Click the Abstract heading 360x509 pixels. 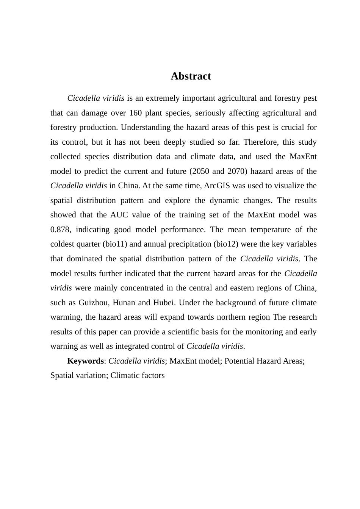[x=191, y=76]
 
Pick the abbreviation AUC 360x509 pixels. [x=119, y=215]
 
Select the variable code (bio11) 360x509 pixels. [x=114, y=244]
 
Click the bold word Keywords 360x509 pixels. [x=85, y=361]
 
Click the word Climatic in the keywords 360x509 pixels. [x=125, y=375]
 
